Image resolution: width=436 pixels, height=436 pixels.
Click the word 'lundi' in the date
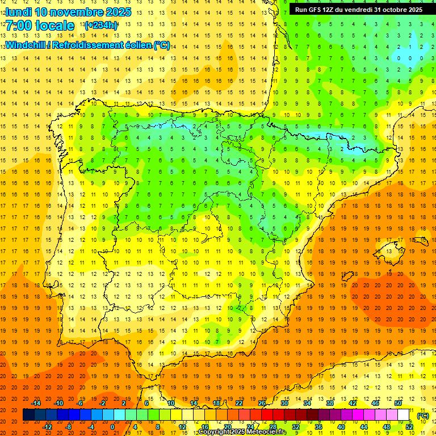click(18, 12)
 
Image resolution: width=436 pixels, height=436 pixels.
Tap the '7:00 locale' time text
click(40, 26)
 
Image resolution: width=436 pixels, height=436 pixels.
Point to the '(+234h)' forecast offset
click(100, 25)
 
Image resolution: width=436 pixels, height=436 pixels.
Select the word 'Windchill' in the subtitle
click(24, 45)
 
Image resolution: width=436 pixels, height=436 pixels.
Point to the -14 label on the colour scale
click(36, 403)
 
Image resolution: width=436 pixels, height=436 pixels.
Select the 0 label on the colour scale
click(112, 427)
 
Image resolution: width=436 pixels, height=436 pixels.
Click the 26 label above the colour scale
click(262, 403)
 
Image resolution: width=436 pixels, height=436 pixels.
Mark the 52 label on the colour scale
click(409, 427)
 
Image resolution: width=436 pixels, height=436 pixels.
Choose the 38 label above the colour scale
click(330, 403)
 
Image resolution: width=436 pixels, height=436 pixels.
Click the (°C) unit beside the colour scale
click(423, 416)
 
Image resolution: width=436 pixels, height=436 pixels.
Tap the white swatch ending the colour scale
click(403, 415)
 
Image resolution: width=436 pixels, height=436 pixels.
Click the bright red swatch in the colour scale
click(267, 415)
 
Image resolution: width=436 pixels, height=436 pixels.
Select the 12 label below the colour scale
click(182, 427)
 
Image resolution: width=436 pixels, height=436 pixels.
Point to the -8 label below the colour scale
click(69, 427)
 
